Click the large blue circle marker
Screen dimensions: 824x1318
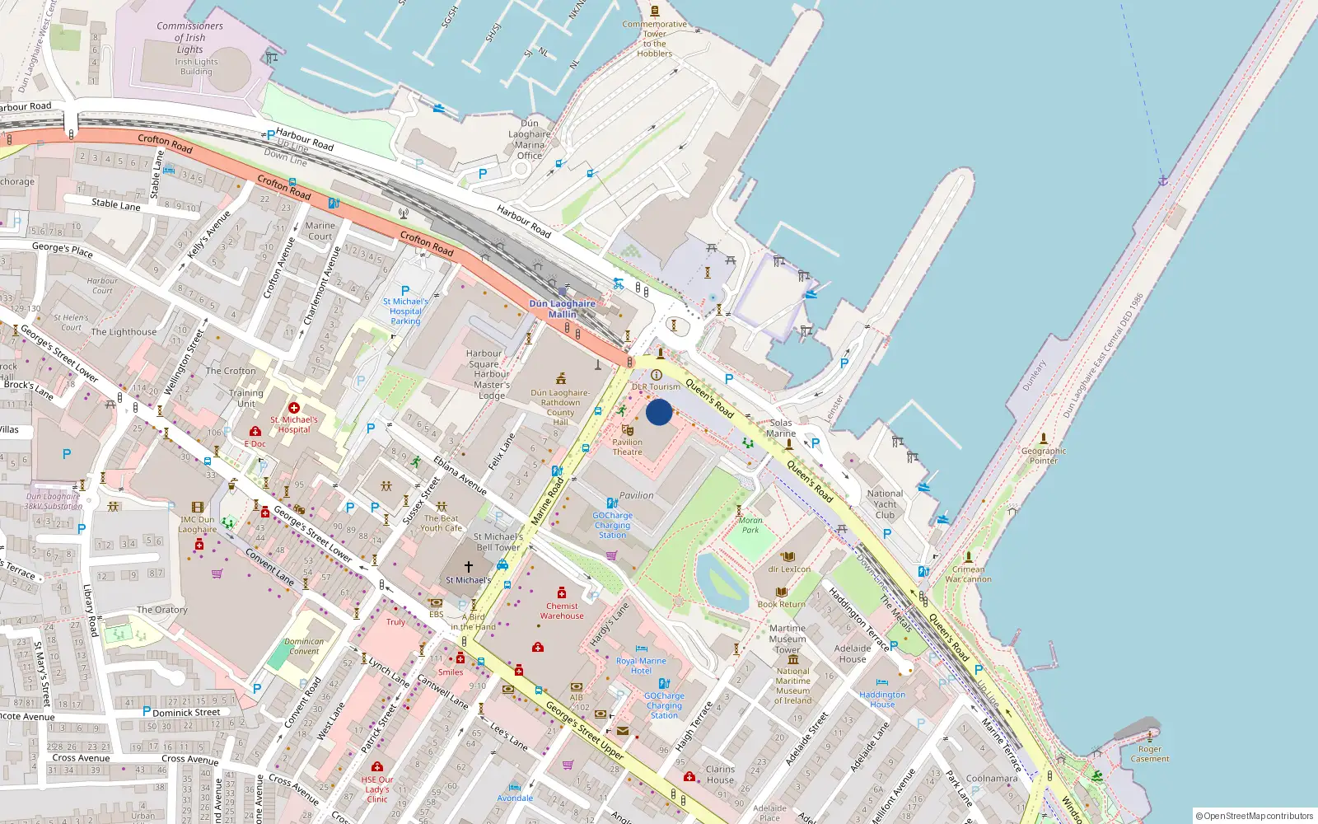click(659, 412)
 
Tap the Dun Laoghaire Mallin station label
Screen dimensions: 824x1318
click(562, 309)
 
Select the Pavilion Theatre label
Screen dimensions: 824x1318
click(627, 447)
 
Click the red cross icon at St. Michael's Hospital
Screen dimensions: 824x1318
click(294, 408)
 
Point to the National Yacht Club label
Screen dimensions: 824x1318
click(885, 504)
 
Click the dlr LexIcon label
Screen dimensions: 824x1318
click(789, 569)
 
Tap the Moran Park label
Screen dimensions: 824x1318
click(750, 525)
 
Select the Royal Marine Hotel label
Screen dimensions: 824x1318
click(641, 666)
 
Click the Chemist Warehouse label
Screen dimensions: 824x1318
click(562, 611)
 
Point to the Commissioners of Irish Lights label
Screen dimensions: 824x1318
click(189, 38)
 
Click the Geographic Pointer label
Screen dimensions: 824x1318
click(1044, 456)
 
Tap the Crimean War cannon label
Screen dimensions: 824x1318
click(968, 574)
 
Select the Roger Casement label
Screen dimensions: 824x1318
click(1150, 754)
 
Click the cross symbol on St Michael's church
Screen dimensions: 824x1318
click(469, 567)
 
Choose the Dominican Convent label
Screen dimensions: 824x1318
click(304, 646)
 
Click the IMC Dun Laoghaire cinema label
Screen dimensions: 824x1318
click(198, 524)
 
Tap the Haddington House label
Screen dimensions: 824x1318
click(882, 700)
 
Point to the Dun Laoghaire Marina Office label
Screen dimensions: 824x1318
click(530, 139)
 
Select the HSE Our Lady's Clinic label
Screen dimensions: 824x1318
click(377, 789)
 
